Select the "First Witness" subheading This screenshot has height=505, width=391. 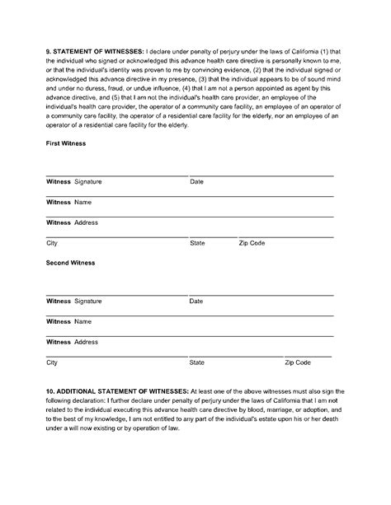tap(66, 143)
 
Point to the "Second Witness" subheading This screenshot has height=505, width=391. tap(70, 263)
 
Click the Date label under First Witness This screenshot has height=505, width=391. tap(196, 181)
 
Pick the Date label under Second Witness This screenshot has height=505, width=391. tap(196, 301)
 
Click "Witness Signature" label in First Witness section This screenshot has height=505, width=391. tap(73, 181)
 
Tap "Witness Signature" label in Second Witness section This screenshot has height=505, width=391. tap(73, 301)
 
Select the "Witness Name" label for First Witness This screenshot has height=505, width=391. tap(68, 202)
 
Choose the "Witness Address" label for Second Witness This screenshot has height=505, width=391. tap(72, 341)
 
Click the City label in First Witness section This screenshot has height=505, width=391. tap(52, 243)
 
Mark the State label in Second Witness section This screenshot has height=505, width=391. tap(197, 362)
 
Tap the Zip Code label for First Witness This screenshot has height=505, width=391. tap(252, 243)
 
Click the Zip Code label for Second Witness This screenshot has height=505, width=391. tap(297, 362)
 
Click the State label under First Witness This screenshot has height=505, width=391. tap(197, 243)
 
